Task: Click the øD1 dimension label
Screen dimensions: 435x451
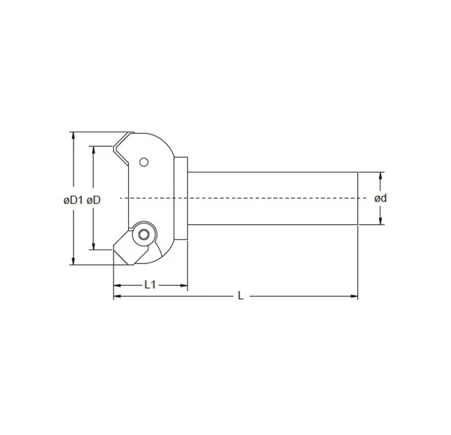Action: pos(73,199)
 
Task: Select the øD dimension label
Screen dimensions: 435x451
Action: pos(93,199)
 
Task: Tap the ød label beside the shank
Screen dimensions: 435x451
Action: pos(380,199)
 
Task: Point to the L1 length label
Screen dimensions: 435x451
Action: pos(150,284)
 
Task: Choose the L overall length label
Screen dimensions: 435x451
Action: pos(240,295)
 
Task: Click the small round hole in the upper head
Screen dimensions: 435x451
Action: pos(144,161)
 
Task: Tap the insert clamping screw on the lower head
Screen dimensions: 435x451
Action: pos(143,234)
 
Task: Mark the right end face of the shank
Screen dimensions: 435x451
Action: pos(358,198)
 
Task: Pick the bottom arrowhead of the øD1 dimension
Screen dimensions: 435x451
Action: pos(73,260)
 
